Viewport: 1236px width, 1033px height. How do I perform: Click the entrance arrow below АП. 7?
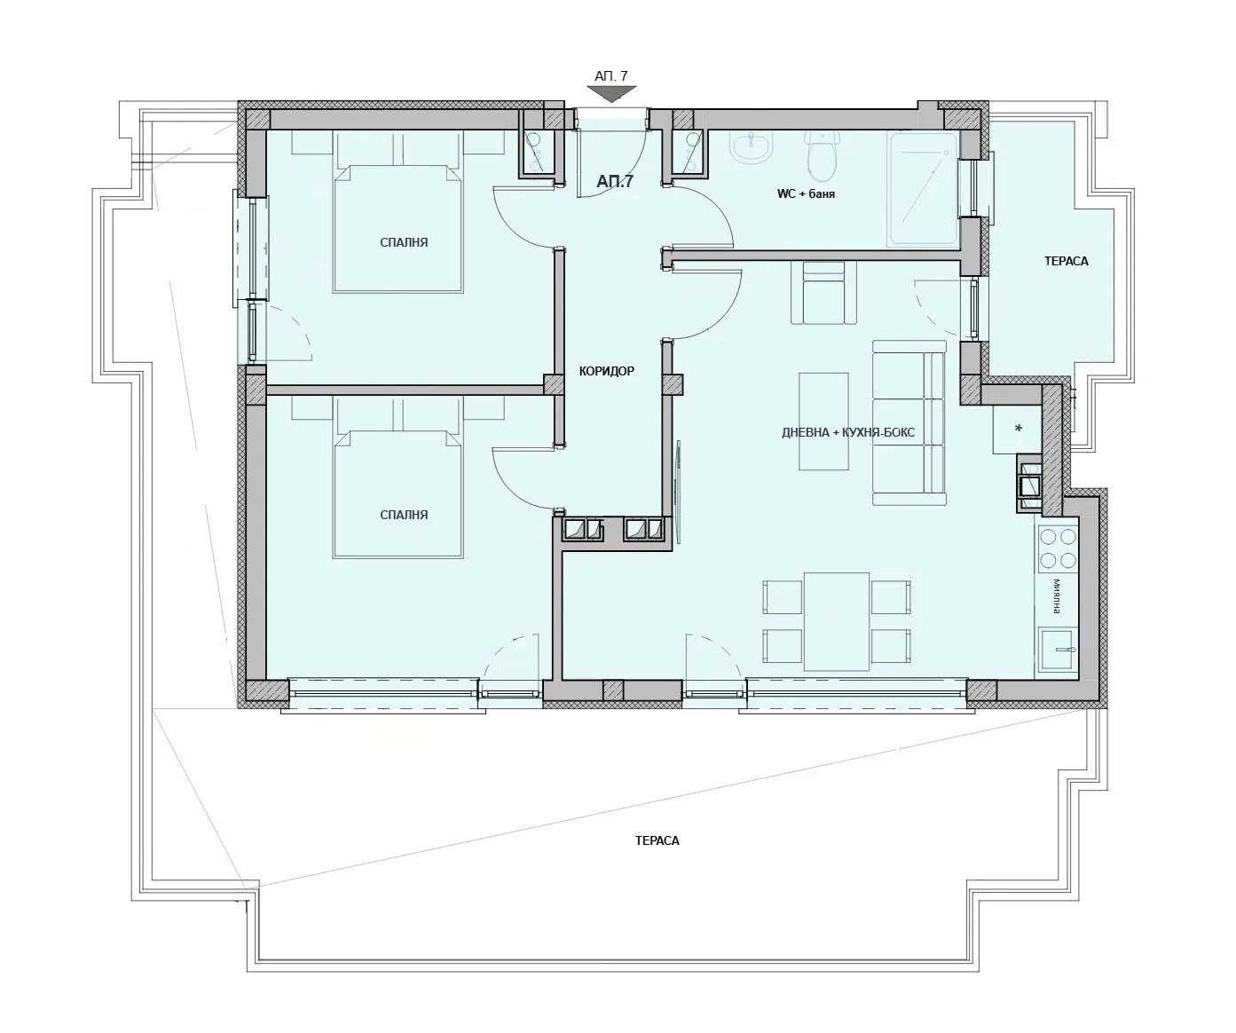pos(611,93)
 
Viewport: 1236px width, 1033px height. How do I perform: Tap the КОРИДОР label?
pos(606,371)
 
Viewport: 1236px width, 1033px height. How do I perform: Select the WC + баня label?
pos(806,193)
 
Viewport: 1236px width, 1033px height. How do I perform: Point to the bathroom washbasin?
pos(752,146)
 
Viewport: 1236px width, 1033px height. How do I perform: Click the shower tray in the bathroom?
pos(922,189)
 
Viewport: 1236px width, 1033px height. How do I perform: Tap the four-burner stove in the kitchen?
pos(1058,548)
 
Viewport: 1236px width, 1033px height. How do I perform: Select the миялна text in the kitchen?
pos(1057,596)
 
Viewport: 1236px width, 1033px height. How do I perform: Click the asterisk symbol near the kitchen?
pos(1018,428)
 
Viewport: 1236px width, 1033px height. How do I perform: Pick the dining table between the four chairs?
pos(837,621)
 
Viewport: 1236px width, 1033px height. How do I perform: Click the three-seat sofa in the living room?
pos(909,422)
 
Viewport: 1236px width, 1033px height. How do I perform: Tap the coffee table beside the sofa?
pos(823,421)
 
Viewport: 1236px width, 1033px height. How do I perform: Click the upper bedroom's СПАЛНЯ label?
pos(404,242)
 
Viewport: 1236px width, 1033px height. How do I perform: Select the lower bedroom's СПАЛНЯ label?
pos(404,515)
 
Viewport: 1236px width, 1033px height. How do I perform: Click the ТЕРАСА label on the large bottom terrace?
pos(657,840)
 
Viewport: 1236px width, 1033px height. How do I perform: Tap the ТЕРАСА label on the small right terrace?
pos(1067,261)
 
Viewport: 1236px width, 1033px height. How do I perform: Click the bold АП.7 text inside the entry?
pos(615,181)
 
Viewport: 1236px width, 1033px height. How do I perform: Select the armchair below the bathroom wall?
pos(824,293)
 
